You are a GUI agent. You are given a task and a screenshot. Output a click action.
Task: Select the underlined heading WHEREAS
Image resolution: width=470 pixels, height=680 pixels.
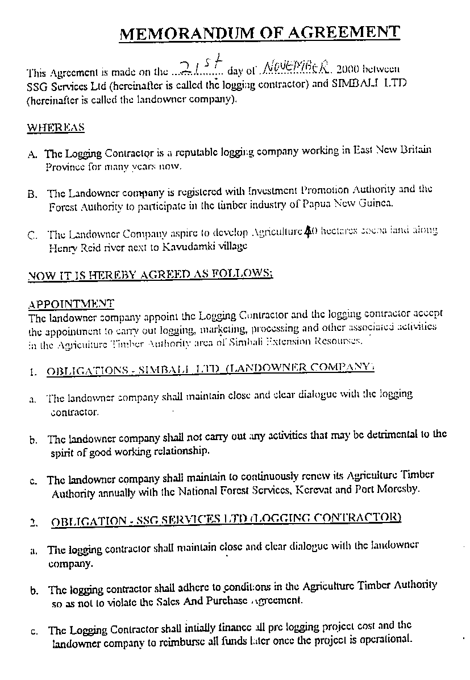(56, 127)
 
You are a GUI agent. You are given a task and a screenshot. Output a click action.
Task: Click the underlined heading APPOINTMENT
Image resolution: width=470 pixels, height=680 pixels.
(71, 303)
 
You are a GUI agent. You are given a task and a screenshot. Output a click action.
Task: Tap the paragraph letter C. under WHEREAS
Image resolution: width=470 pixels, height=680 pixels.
(32, 234)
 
